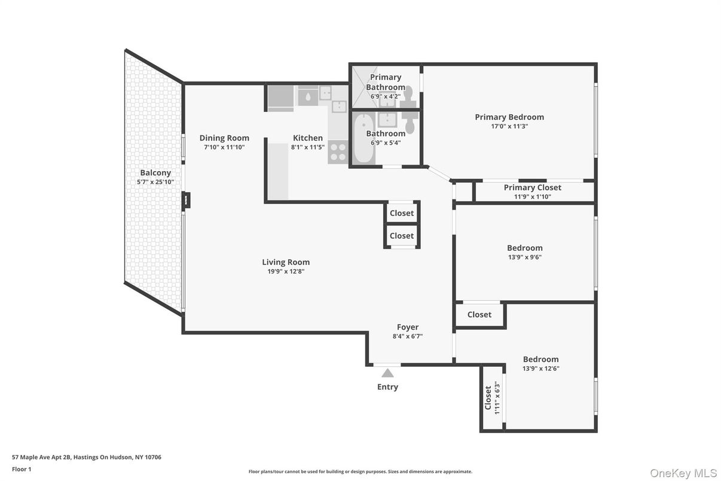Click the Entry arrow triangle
pyautogui.click(x=387, y=373)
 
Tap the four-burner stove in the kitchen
pyautogui.click(x=338, y=152)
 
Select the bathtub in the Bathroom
pyautogui.click(x=363, y=139)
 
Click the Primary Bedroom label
pyautogui.click(x=509, y=117)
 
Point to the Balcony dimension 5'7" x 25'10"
pyautogui.click(x=155, y=182)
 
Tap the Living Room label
pyautogui.click(x=286, y=262)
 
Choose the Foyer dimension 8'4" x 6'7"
pyautogui.click(x=408, y=336)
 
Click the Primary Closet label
pyautogui.click(x=532, y=187)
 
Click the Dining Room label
pyautogui.click(x=224, y=138)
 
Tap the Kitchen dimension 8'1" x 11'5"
pyautogui.click(x=308, y=147)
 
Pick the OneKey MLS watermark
pyautogui.click(x=683, y=473)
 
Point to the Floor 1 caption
pyautogui.click(x=22, y=469)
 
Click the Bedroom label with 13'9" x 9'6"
pyautogui.click(x=525, y=248)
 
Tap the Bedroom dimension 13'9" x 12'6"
pyautogui.click(x=540, y=369)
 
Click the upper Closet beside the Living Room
pyautogui.click(x=402, y=213)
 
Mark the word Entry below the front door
pyautogui.click(x=387, y=387)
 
